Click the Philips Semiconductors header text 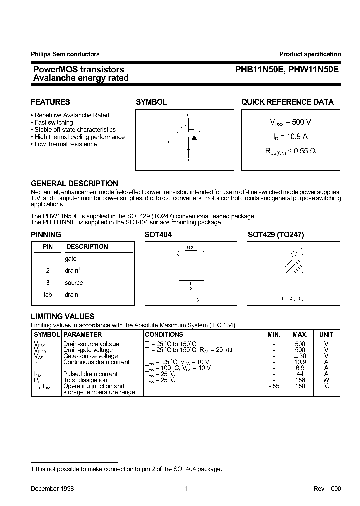[65, 54]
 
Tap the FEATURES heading [50, 102]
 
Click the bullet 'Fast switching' [54, 122]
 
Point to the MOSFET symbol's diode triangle [194, 137]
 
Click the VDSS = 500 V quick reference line [291, 122]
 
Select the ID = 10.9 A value [291, 137]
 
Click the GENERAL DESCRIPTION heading [74, 183]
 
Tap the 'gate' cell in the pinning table [71, 259]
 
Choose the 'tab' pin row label [48, 295]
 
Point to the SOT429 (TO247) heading [276, 235]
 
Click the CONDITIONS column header [164, 334]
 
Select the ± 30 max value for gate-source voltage [300, 356]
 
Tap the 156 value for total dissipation [300, 380]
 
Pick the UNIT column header [326, 334]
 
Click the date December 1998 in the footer [52, 489]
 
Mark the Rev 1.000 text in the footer [327, 489]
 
